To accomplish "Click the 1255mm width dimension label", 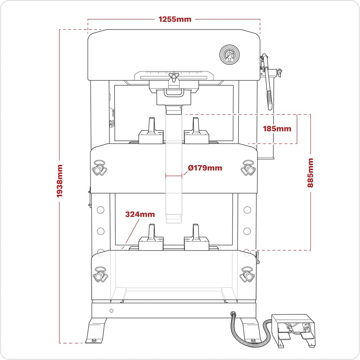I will click(x=175, y=19).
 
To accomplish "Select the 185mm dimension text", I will click(x=277, y=129).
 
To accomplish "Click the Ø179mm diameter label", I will click(x=205, y=168).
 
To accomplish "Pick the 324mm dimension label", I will click(x=140, y=214).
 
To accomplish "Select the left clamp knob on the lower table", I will click(x=99, y=274).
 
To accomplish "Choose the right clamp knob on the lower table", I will click(x=248, y=274).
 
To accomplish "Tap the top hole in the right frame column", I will click(x=247, y=210).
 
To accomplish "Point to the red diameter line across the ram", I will click(x=174, y=176).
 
